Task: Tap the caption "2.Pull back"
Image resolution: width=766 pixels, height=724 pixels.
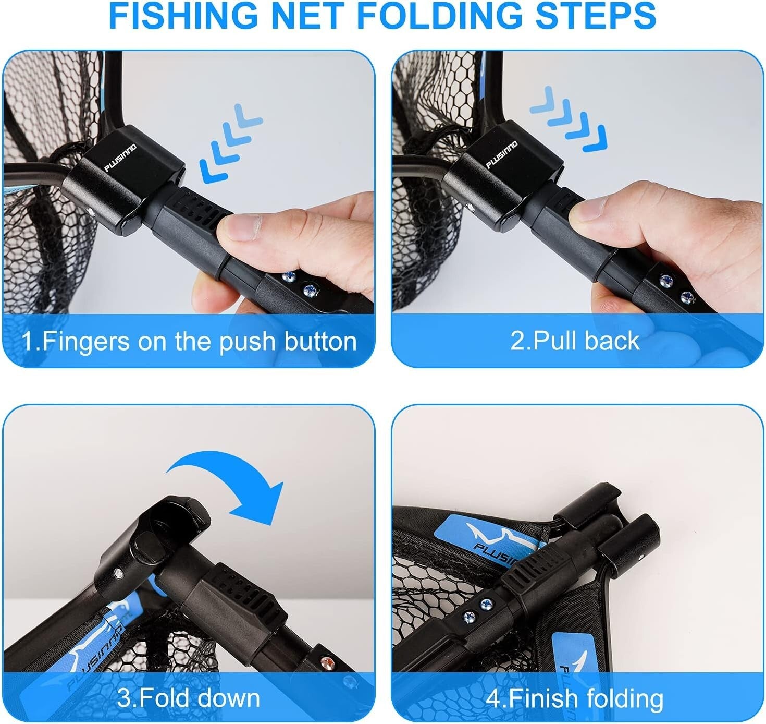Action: (x=575, y=341)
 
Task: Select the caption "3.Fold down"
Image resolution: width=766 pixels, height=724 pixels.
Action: (x=188, y=698)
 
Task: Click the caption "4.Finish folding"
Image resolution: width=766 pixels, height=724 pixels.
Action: (x=575, y=698)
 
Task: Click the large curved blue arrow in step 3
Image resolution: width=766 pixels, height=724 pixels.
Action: (x=229, y=485)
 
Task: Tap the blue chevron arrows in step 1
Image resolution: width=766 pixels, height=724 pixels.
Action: (x=229, y=143)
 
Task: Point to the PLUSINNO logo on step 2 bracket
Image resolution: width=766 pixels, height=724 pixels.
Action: (x=502, y=154)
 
